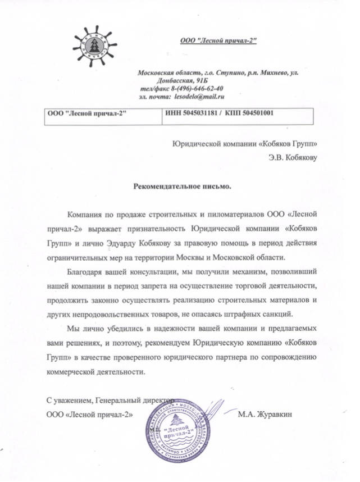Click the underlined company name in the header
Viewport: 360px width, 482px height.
tap(218, 42)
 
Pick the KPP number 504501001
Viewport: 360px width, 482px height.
tap(258, 112)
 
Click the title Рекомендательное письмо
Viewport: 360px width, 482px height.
tap(181, 185)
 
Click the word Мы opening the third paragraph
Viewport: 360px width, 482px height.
tap(72, 328)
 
